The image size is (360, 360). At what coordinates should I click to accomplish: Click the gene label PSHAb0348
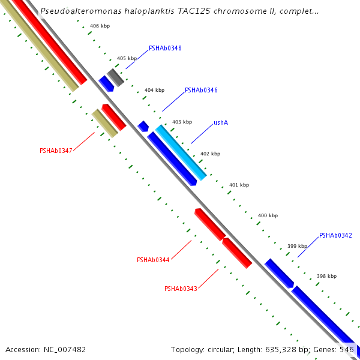pyautogui.click(x=165, y=48)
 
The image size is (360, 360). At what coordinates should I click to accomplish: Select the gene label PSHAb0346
pyautogui.click(x=201, y=90)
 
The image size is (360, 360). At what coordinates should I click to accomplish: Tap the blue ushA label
pyautogui.click(x=221, y=122)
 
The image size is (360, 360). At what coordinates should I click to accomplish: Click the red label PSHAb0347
pyautogui.click(x=56, y=151)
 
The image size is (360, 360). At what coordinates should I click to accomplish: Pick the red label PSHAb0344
pyautogui.click(x=153, y=260)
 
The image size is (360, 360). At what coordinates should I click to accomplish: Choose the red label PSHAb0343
pyautogui.click(x=181, y=289)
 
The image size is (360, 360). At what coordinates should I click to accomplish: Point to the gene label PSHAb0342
pyautogui.click(x=335, y=235)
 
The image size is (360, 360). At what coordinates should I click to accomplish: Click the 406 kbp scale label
pyautogui.click(x=100, y=26)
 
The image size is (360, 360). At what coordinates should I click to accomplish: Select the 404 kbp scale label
pyautogui.click(x=154, y=90)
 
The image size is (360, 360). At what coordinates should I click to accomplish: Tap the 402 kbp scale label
pyautogui.click(x=210, y=154)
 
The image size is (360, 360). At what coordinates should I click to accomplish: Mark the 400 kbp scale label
pyautogui.click(x=268, y=215)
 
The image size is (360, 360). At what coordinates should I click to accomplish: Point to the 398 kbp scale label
pyautogui.click(x=326, y=276)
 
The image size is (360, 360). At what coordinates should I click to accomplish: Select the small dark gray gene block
pyautogui.click(x=116, y=77)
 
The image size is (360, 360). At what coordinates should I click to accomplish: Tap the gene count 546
pyautogui.click(x=347, y=349)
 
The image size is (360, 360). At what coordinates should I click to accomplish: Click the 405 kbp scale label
pyautogui.click(x=127, y=58)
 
